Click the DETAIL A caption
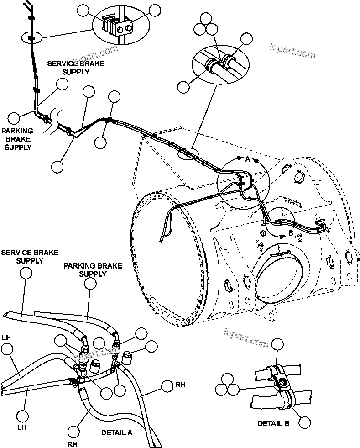point(117,432)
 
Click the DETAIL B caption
point(273,423)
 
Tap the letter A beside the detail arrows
point(248,160)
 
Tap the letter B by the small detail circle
point(291,234)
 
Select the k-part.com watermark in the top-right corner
point(292,51)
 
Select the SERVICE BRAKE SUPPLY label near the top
point(75,68)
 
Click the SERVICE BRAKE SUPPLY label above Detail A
point(23,257)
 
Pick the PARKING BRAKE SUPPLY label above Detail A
point(93,270)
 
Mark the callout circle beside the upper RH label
point(167,387)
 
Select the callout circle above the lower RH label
point(73,430)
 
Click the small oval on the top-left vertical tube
point(31,37)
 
